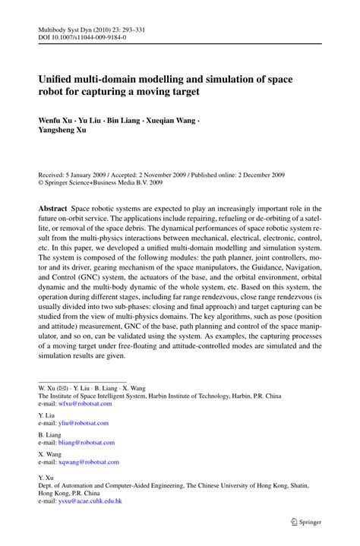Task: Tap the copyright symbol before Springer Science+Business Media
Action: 41,183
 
